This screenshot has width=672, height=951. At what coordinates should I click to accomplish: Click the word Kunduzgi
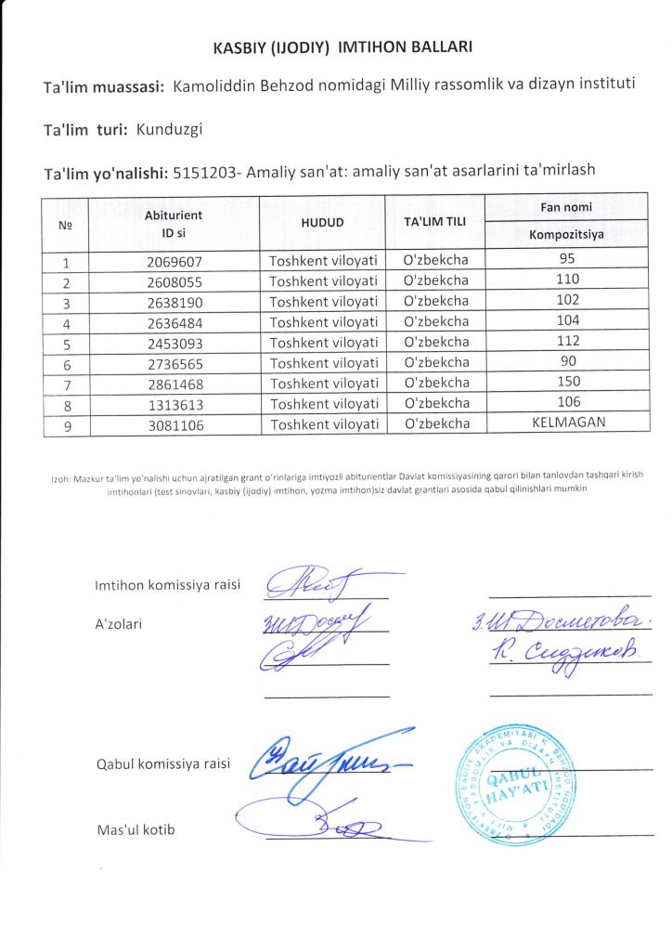click(169, 129)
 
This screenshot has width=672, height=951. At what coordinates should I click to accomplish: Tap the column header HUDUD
click(322, 223)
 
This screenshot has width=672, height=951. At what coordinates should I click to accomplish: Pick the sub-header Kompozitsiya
click(566, 234)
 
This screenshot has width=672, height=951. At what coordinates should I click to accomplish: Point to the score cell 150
click(566, 383)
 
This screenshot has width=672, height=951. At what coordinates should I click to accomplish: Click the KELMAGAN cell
click(566, 423)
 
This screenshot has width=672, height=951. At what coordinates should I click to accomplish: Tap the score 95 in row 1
click(566, 260)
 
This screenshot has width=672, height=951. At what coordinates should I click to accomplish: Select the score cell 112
click(566, 342)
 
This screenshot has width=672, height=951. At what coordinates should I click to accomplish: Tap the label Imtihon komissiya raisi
click(168, 585)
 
